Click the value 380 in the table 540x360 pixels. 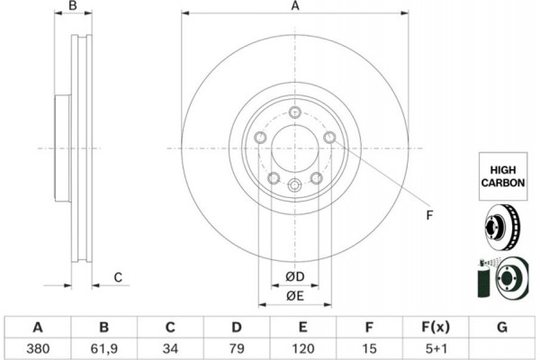tap(38, 346)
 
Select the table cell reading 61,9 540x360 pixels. tap(103, 346)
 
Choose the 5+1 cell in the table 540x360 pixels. tap(436, 346)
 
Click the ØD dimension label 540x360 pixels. tap(294, 275)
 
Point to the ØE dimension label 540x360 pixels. tap(294, 296)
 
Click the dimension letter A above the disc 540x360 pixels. tap(294, 6)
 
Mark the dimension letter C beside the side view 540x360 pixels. tap(118, 277)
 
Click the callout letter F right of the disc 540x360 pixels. tap(429, 214)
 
